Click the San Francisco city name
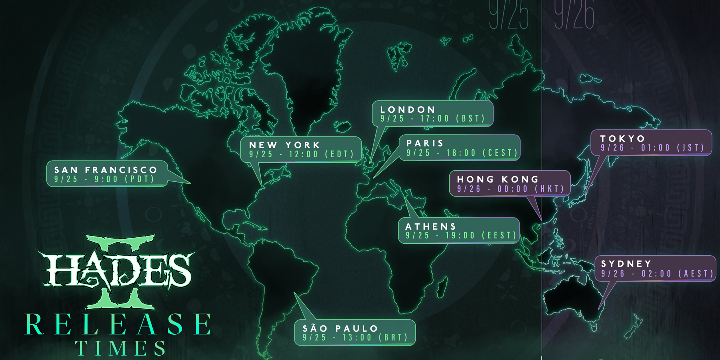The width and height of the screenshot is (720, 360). coord(106,170)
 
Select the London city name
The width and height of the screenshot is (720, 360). coord(408,109)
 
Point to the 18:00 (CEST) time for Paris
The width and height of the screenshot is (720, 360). coord(482,153)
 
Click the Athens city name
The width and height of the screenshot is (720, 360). coord(431,226)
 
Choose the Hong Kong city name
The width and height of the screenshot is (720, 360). coord(498,179)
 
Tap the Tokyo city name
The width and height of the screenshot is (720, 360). coord(623,139)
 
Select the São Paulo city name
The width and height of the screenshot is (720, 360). coord(340,329)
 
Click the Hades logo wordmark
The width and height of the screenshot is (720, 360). coord(118,270)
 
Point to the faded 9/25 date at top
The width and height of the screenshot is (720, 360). coord(509,16)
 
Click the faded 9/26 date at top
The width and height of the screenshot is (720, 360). coord(574,16)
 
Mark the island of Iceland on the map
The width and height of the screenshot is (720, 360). coord(343,126)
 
